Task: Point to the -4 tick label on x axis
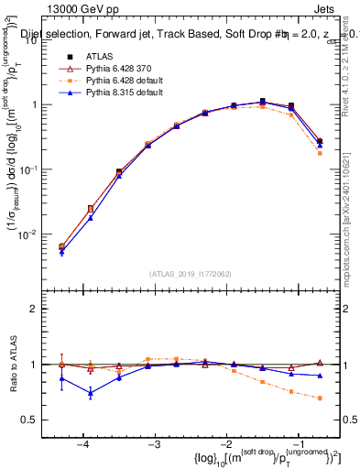[82, 444]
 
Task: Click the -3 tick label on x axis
[154, 444]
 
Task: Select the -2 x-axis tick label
[226, 444]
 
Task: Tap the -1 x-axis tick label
[298, 444]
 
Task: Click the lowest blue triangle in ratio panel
[91, 393]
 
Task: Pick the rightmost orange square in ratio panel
[320, 398]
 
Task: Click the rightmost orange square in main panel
[320, 153]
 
